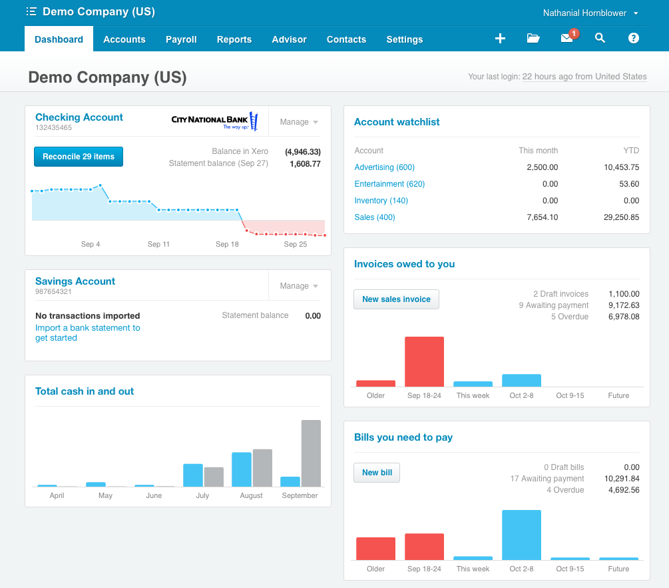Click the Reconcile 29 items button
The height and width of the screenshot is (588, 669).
coord(79,157)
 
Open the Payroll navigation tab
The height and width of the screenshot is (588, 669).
coord(181,39)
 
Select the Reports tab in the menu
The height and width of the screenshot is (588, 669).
coord(234,39)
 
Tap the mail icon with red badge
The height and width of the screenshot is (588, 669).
coord(567,39)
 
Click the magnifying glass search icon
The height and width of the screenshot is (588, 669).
coord(600,39)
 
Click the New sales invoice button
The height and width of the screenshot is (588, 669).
coord(396,299)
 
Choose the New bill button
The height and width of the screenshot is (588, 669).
coord(377,473)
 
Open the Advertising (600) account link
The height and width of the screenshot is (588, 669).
coord(384,167)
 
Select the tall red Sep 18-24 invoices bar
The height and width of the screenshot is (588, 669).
coord(424,361)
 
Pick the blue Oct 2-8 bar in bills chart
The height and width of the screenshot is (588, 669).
coord(521,535)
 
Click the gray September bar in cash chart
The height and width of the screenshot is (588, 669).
coord(311,453)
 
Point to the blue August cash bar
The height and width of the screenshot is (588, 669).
coord(241,469)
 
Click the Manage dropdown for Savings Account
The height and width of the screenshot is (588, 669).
coord(299,286)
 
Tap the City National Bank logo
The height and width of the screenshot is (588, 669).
coord(214,121)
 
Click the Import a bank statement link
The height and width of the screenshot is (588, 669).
coord(87,328)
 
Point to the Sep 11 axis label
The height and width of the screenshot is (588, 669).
coord(158,244)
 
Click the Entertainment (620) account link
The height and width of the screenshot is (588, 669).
coord(389,184)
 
